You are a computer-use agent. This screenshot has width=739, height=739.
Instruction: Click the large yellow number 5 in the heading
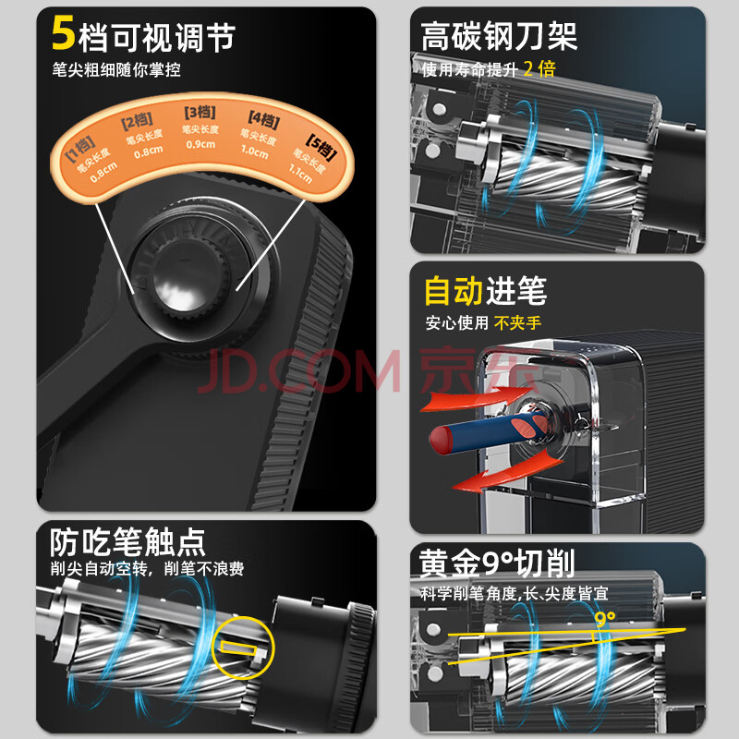pos(63,32)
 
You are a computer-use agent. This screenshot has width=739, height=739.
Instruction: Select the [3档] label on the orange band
pos(200,113)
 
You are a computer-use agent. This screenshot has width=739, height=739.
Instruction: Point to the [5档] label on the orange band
pos(321,147)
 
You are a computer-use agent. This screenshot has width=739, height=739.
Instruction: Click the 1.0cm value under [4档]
pos(255,151)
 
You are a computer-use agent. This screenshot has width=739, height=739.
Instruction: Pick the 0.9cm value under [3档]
pos(200,144)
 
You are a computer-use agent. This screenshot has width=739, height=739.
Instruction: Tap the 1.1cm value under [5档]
pos(301,174)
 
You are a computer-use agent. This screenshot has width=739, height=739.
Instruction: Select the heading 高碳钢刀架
pos(499,36)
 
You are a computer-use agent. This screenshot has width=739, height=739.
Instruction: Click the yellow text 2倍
pos(539,68)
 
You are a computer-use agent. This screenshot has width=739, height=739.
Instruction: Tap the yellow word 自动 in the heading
pos(454,291)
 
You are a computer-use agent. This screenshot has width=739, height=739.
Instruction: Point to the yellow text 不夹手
pos(517,322)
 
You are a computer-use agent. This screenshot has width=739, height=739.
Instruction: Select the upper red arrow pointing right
pos(476,399)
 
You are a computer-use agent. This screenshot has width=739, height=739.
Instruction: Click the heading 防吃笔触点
pos(127,542)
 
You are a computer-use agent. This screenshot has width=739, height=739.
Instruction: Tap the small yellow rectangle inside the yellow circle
pos(238,648)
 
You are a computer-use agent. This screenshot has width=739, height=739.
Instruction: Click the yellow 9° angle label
pos(605,618)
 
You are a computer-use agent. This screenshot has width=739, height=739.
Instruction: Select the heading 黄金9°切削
pos(497,563)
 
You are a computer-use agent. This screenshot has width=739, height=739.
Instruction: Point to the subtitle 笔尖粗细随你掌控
pos(116,70)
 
